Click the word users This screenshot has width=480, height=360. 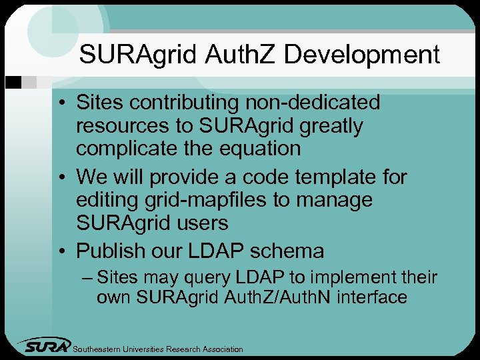pyautogui.click(x=199, y=223)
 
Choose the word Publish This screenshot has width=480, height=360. pyautogui.click(x=110, y=251)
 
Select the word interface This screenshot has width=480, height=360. pyautogui.click(x=372, y=297)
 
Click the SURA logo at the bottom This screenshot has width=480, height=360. pyautogui.click(x=44, y=346)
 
